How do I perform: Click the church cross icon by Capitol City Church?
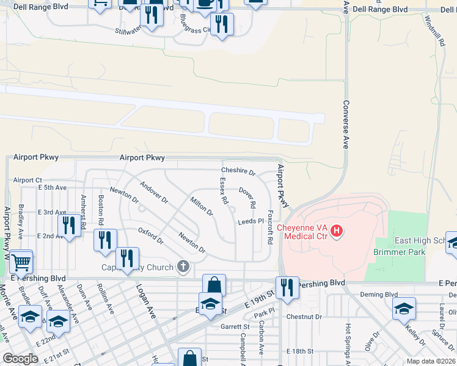[x=183, y=266]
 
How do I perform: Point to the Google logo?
[x=20, y=359]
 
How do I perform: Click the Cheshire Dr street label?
[x=238, y=171]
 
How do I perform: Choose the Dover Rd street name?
[x=247, y=196]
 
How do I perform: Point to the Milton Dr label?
[x=201, y=207]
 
